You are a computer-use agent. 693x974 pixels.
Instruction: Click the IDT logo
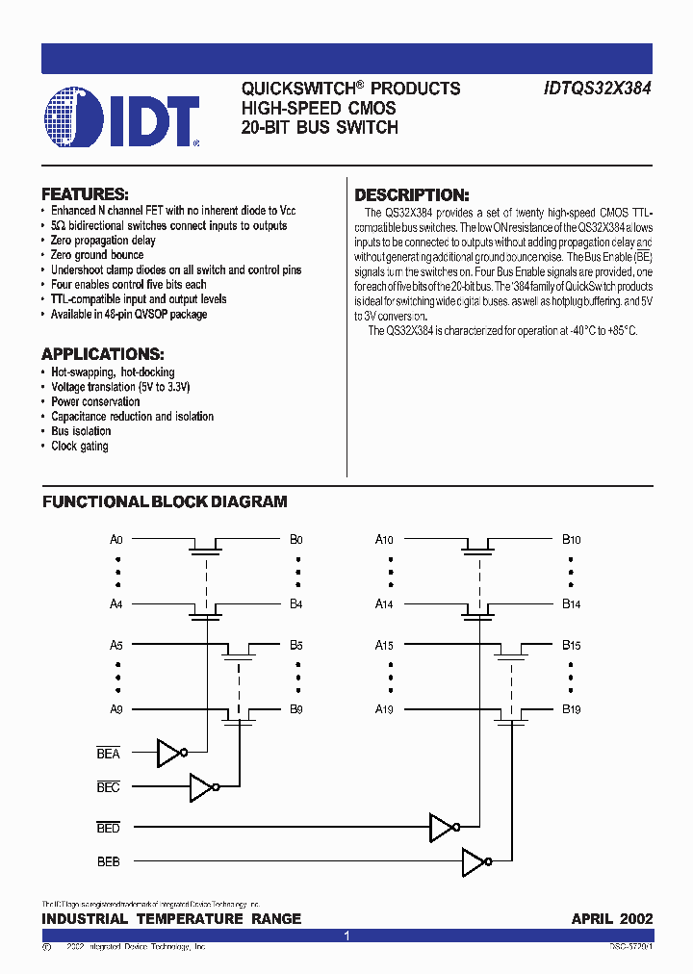pos(121,117)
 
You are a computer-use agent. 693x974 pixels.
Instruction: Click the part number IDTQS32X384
pos(598,89)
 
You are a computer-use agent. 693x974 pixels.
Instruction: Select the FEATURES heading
pos(86,193)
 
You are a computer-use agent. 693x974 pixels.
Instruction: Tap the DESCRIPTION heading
pos(412,194)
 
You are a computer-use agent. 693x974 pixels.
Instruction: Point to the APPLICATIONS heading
pos(103,353)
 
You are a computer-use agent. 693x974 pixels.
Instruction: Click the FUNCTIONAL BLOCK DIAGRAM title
pos(165,501)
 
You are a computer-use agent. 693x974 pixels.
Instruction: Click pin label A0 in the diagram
pos(116,540)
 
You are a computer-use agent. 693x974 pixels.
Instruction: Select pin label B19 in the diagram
pos(571,709)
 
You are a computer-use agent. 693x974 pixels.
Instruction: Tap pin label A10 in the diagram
pos(384,540)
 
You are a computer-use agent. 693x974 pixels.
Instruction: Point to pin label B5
pos(296,645)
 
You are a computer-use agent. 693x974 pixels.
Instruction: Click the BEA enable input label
pos(109,754)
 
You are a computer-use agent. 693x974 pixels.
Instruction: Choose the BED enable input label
pos(109,828)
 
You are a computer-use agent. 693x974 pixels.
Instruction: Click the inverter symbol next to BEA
pos(170,754)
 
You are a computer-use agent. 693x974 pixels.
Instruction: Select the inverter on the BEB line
pos(475,862)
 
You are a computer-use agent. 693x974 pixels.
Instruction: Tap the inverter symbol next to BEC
pos(203,788)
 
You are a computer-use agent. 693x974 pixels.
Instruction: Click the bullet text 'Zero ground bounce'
pos(97,255)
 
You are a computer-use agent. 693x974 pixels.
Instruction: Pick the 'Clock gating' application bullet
pos(80,447)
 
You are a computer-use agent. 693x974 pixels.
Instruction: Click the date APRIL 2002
pos(612,919)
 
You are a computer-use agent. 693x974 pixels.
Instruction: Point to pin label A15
pos(384,645)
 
